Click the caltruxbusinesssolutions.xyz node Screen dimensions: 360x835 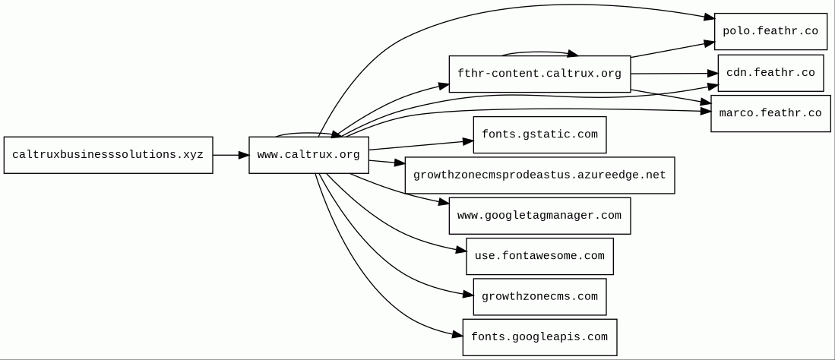pyautogui.click(x=108, y=155)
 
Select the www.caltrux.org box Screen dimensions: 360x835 pyautogui.click(x=308, y=155)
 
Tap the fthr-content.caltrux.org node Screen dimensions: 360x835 pyautogui.click(x=539, y=74)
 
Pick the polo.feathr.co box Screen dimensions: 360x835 pyautogui.click(x=770, y=31)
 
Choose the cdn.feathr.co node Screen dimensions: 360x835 pyautogui.click(x=770, y=73)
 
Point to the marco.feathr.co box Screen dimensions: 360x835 pyautogui.click(x=770, y=113)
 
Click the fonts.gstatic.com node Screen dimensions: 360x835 pyautogui.click(x=539, y=134)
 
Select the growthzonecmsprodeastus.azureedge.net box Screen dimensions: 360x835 pyautogui.click(x=539, y=175)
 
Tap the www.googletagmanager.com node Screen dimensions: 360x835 pyautogui.click(x=539, y=216)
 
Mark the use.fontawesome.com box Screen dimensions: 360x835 pyautogui.click(x=539, y=256)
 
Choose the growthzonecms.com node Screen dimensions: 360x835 pyautogui.click(x=539, y=297)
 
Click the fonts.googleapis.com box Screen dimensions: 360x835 pyautogui.click(x=539, y=337)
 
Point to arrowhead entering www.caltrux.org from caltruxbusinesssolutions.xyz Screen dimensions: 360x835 pyautogui.click(x=243, y=155)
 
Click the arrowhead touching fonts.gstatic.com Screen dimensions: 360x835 pyautogui.click(x=468, y=141)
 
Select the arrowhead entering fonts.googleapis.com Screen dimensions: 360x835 pyautogui.click(x=457, y=333)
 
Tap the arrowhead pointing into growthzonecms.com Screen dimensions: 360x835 pyautogui.click(x=468, y=294)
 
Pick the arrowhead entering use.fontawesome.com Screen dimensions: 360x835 pyautogui.click(x=461, y=250)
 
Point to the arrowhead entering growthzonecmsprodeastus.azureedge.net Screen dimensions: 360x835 pyautogui.click(x=400, y=163)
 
